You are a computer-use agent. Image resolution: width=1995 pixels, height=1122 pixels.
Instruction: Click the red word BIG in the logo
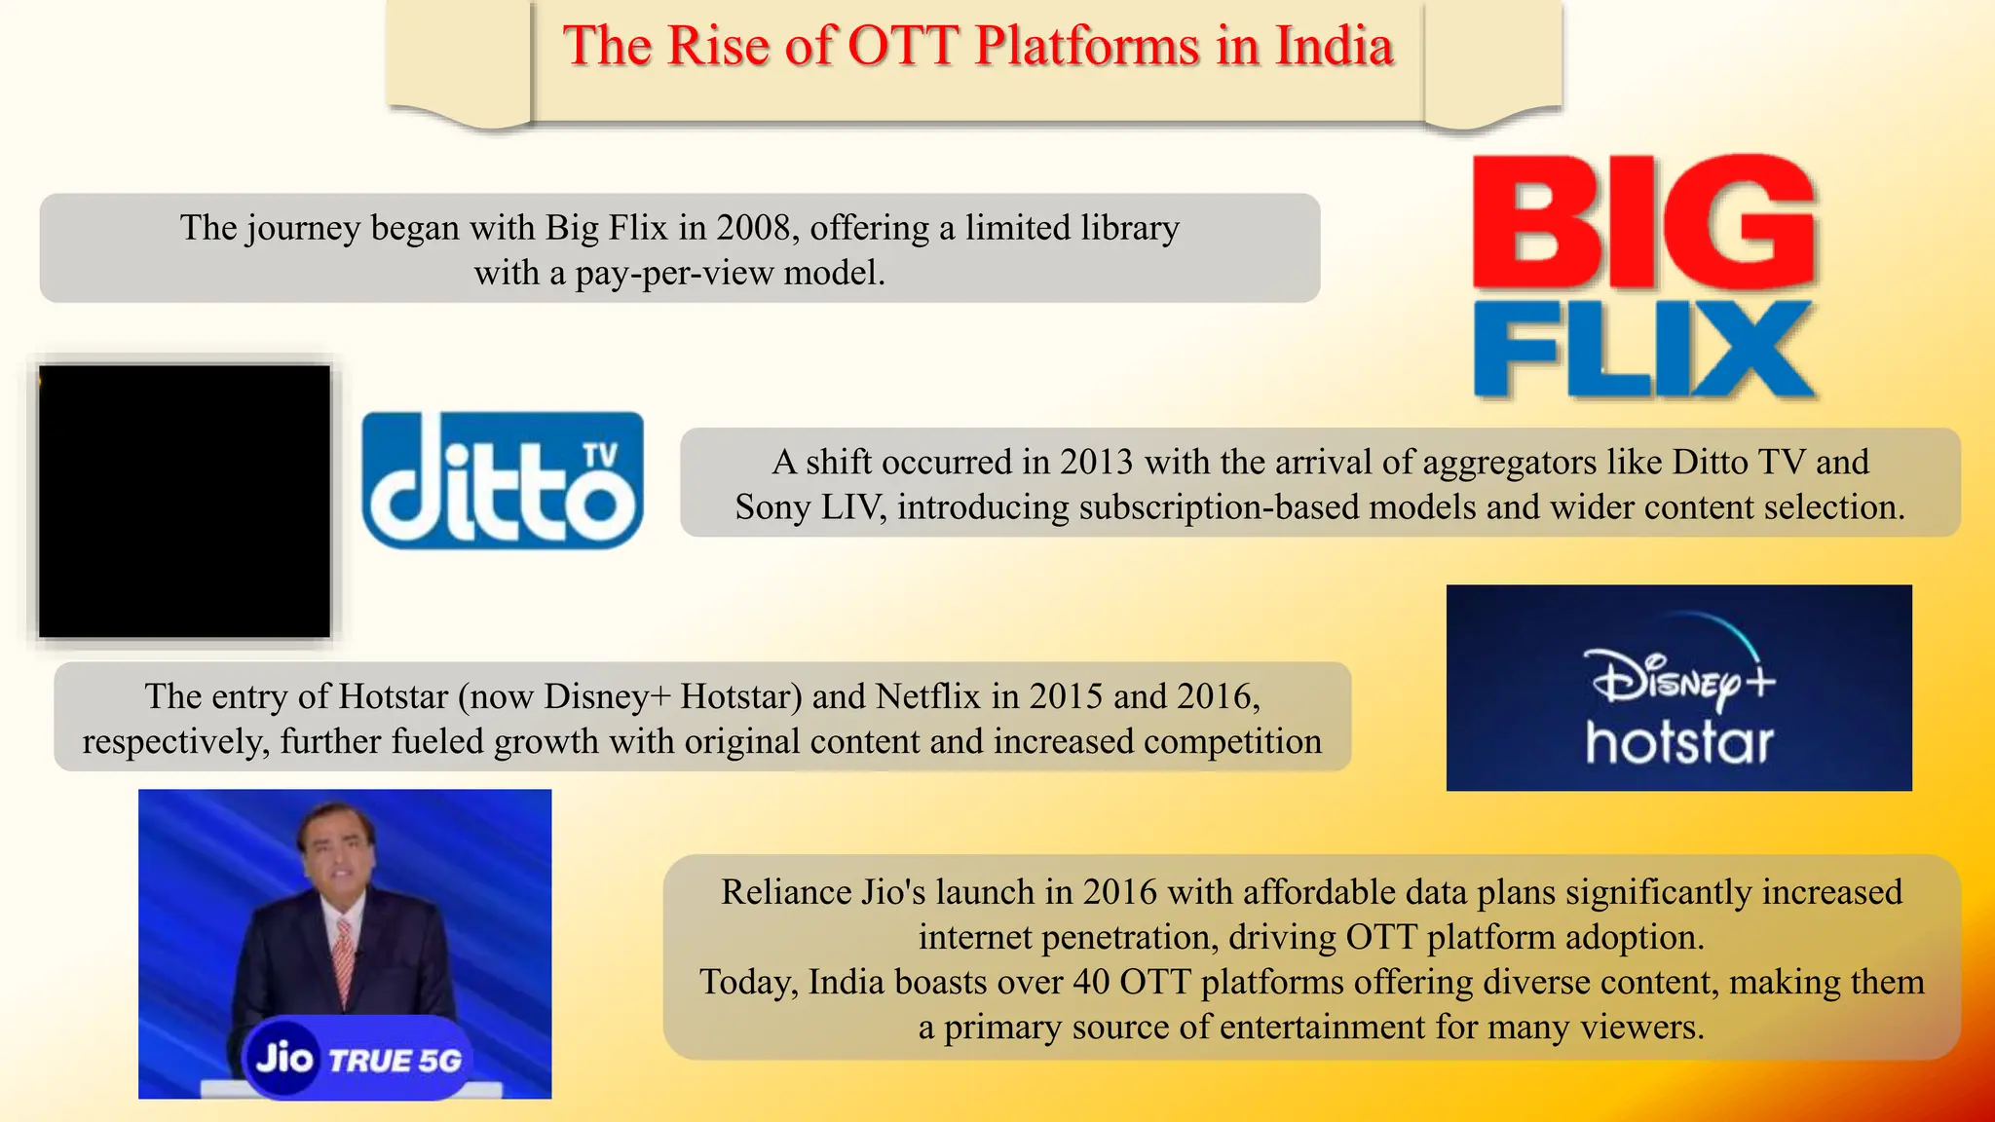1644,224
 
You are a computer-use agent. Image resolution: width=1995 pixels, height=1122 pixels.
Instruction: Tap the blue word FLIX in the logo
1644,351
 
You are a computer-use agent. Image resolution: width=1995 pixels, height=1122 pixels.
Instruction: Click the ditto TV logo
503,481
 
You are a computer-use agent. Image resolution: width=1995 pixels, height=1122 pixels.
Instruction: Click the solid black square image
184,502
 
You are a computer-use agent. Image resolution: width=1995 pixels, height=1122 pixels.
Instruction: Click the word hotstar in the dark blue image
1679,743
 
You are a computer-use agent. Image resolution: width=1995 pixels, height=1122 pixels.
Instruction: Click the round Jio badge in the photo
283,1058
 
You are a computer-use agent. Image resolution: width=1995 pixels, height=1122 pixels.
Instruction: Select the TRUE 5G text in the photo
395,1061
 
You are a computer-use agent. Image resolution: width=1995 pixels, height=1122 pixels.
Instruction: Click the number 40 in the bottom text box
1091,982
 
